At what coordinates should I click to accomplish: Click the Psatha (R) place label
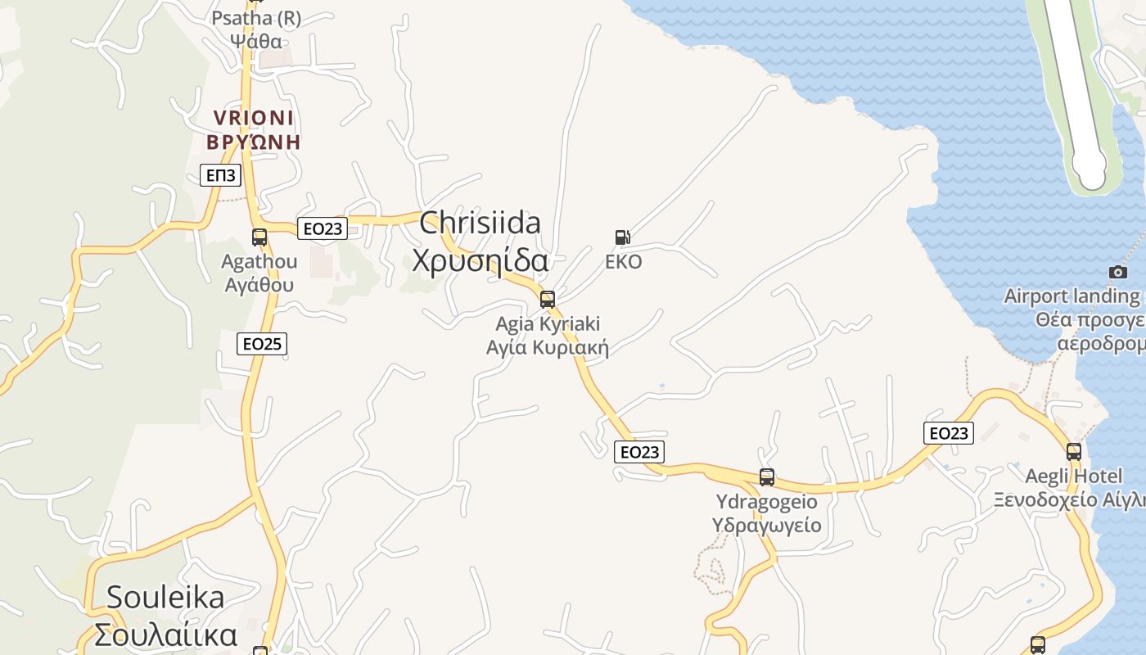tap(256, 29)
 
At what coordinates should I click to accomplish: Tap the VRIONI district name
tap(253, 129)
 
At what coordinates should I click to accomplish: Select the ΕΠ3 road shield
tap(220, 174)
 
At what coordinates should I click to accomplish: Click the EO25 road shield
tap(262, 344)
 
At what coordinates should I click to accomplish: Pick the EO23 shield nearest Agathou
tap(323, 228)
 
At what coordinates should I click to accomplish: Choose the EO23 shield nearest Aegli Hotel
tap(949, 433)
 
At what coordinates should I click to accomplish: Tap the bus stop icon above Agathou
tap(259, 237)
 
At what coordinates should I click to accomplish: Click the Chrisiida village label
tap(480, 242)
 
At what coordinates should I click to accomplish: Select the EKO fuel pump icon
tap(623, 237)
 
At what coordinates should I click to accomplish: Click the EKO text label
tap(623, 262)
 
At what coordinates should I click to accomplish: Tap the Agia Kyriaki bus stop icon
tap(548, 300)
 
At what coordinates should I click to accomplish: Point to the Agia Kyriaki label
tap(548, 336)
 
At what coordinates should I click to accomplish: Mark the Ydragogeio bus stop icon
tap(767, 477)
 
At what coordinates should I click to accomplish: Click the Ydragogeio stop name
tap(767, 513)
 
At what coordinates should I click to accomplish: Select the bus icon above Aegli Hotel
tap(1074, 451)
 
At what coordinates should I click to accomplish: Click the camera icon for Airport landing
tap(1118, 272)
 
